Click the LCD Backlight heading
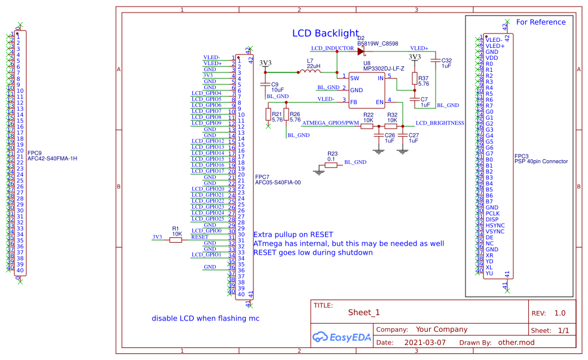tap(325, 33)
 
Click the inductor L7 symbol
tap(310, 72)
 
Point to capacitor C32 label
tap(446, 63)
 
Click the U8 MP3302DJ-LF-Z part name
tap(383, 69)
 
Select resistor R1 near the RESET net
tap(176, 240)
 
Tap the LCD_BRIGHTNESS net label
tap(440, 123)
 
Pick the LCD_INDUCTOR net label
tap(332, 47)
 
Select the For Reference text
tap(540, 22)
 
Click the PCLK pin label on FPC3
tap(492, 213)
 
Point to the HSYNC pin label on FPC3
tap(495, 225)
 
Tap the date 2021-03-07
tap(425, 343)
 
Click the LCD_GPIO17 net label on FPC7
tap(207, 171)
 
